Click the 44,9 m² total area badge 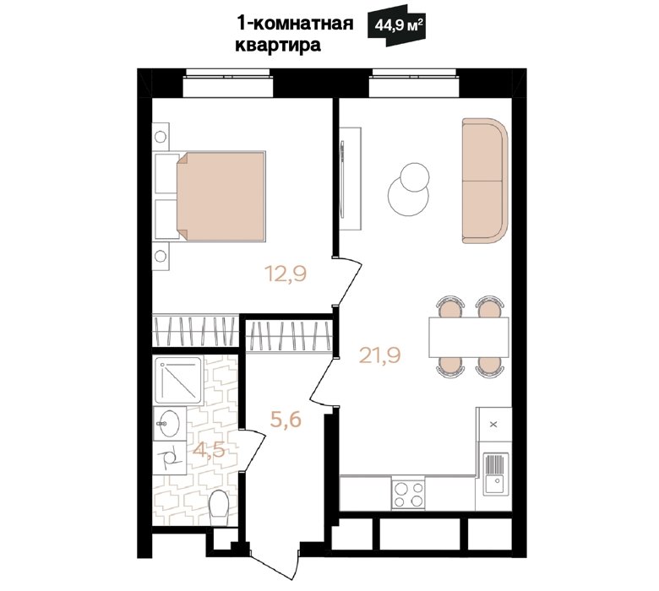[x=395, y=25]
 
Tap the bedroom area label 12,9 [x=286, y=274]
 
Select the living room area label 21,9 [x=380, y=355]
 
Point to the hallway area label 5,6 [x=286, y=420]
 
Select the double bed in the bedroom [x=221, y=196]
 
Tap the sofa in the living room [x=485, y=181]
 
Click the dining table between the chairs [x=469, y=338]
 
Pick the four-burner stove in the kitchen [x=408, y=495]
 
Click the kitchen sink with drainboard [x=495, y=474]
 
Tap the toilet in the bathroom [x=219, y=507]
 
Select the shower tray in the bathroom [x=179, y=380]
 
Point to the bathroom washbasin [x=169, y=423]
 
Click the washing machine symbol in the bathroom [x=169, y=458]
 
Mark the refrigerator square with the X [x=494, y=424]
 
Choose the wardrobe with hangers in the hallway [x=289, y=335]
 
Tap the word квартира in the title [x=278, y=46]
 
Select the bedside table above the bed [x=161, y=137]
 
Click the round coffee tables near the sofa [x=409, y=189]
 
